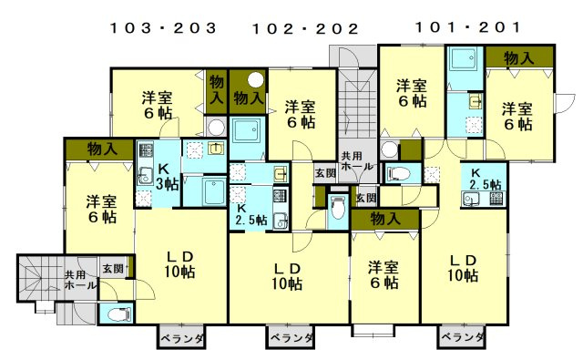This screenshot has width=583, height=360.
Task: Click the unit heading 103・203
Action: tap(163, 28)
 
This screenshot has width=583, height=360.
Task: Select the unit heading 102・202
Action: tap(306, 28)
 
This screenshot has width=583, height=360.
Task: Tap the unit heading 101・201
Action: tap(468, 27)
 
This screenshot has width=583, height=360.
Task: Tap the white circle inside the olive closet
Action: tap(256, 79)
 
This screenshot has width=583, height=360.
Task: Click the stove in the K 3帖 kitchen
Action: tap(146, 149)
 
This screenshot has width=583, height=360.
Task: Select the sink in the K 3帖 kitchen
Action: tap(144, 176)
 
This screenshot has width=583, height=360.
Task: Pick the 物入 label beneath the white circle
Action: tap(249, 98)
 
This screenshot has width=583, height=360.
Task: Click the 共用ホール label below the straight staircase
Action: tap(356, 161)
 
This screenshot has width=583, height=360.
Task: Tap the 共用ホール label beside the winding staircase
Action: tap(79, 280)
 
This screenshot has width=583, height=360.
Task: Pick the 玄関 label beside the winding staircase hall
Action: tap(113, 268)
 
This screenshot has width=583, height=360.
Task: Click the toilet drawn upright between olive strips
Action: tap(338, 209)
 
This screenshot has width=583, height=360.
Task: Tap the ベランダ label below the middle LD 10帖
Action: tap(291, 338)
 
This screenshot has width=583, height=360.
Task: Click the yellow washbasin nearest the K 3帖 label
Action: tap(215, 149)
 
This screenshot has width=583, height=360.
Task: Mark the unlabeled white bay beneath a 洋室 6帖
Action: tap(373, 331)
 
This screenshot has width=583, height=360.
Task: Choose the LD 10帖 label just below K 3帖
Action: tap(179, 264)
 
